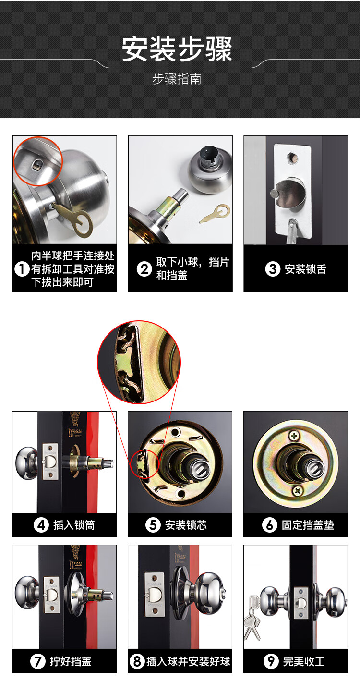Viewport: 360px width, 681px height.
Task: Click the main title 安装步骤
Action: click(x=177, y=49)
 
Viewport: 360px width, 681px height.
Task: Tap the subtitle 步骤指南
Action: click(x=177, y=79)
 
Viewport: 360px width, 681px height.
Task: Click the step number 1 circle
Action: click(x=22, y=269)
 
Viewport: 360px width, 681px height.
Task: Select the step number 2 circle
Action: click(x=144, y=269)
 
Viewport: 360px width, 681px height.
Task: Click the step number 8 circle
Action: click(x=137, y=661)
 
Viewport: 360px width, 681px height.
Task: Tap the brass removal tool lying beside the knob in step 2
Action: click(x=215, y=214)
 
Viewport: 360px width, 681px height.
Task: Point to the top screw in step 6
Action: click(x=294, y=436)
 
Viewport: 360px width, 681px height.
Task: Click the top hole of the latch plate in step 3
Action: click(x=292, y=158)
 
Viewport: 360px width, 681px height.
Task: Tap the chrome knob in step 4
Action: click(x=27, y=463)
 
